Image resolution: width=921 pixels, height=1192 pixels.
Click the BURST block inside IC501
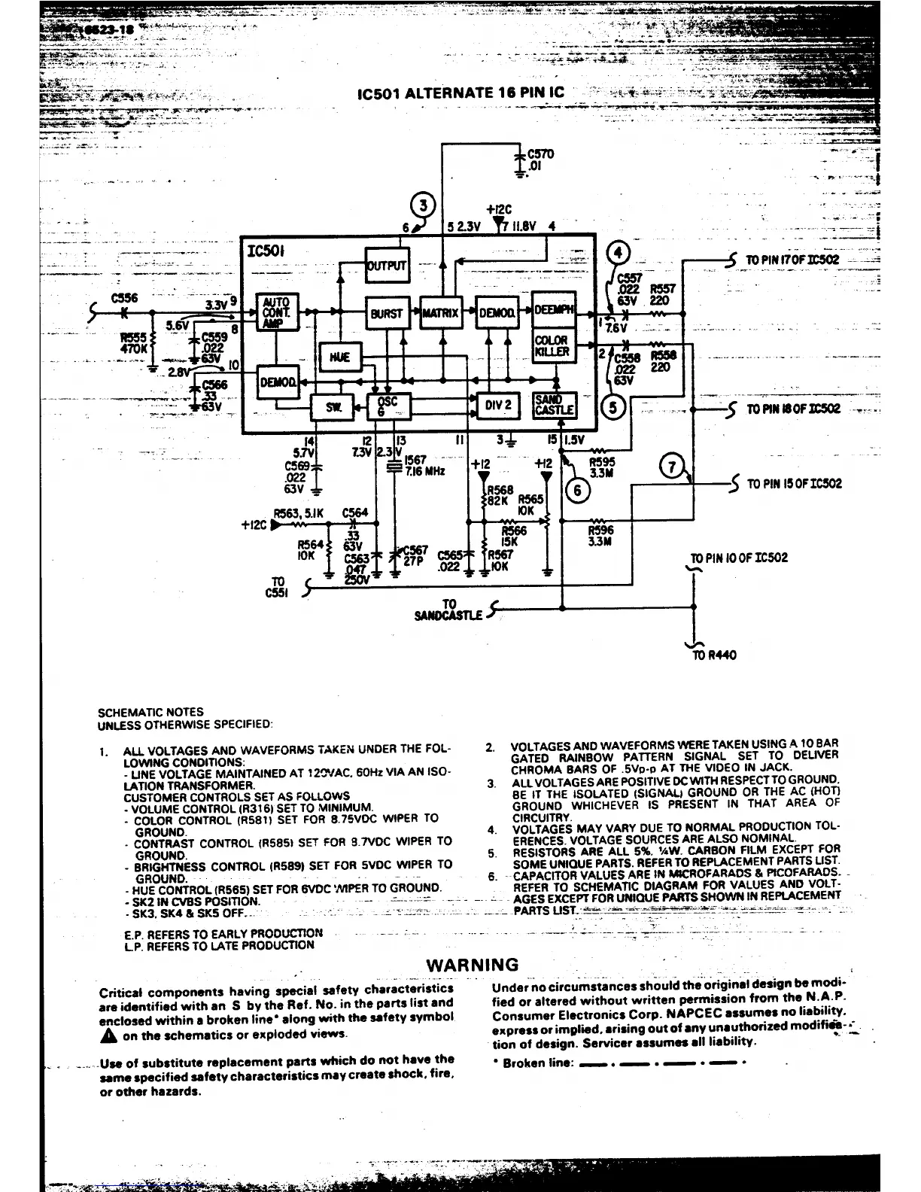coord(387,313)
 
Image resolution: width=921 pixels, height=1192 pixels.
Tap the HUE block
coord(340,357)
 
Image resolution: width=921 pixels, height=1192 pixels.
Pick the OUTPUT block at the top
coord(387,265)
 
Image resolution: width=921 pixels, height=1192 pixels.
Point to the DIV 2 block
coord(498,406)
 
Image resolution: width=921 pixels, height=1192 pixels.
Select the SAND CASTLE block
coord(554,406)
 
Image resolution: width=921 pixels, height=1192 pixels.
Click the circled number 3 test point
coord(425,205)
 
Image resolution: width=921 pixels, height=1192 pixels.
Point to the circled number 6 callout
coord(578,490)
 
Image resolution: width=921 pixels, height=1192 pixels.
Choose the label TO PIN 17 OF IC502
coord(792,260)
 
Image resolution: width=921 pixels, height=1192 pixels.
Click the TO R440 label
coord(715,655)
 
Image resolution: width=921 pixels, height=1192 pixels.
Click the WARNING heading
coord(473,965)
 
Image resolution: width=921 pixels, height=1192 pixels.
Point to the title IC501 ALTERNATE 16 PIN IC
coord(461,94)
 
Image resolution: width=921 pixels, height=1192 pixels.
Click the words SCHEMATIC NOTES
coord(150,711)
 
